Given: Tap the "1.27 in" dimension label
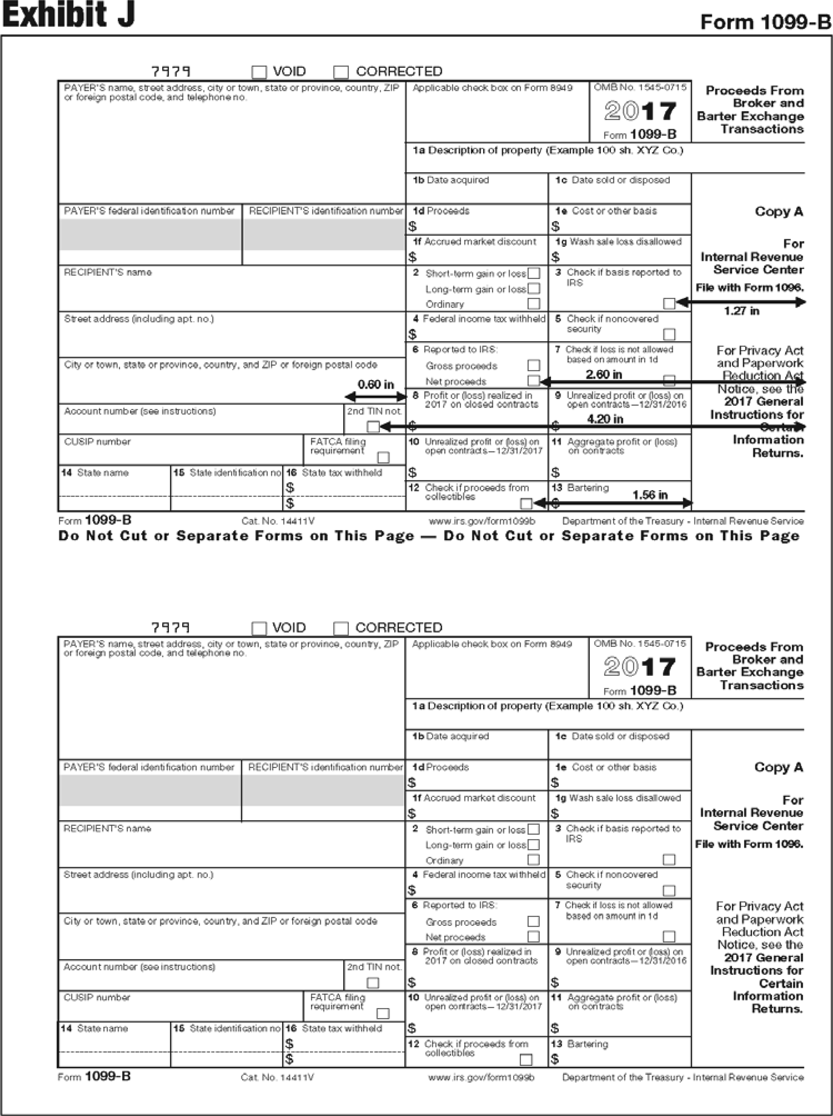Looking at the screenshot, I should pos(741,311).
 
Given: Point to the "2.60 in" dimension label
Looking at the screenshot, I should pos(604,374).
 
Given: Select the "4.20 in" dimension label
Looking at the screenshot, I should pos(604,419).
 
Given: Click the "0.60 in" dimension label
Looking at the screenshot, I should pos(376,385).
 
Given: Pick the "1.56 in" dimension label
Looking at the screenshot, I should pos(650,495).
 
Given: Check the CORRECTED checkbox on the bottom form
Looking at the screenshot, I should pos(341,628).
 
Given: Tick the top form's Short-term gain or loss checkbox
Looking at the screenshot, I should pos(534,273).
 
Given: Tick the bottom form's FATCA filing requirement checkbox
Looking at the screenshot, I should pos(383,1013).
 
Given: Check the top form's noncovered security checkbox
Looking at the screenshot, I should pos(669,334).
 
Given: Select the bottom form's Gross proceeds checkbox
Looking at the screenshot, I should pos(533,921).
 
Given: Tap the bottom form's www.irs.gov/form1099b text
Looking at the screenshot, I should pos(481,1077).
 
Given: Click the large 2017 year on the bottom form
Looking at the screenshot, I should pos(639,667).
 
